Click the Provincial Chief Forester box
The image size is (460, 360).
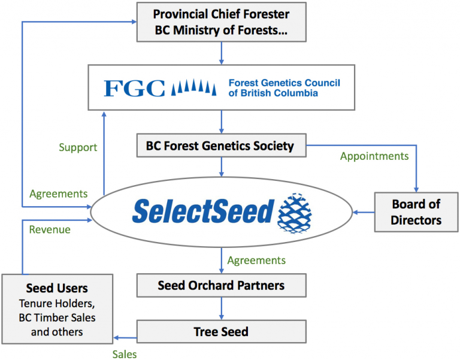221,22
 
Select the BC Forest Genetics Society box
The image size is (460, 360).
220,145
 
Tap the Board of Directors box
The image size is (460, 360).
416,212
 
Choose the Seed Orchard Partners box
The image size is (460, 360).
221,285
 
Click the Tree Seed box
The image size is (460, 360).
221,331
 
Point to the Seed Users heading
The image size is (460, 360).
57,289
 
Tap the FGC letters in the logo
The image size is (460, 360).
134,88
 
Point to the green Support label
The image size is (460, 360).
78,147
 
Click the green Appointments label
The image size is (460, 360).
374,156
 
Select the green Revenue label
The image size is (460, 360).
50,229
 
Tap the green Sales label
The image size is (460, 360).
125,354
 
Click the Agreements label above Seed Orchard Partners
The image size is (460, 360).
256,260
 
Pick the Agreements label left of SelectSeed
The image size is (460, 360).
59,193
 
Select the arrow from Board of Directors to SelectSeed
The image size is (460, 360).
364,211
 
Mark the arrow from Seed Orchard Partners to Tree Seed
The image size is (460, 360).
221,308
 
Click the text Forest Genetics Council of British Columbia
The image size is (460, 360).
284,88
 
